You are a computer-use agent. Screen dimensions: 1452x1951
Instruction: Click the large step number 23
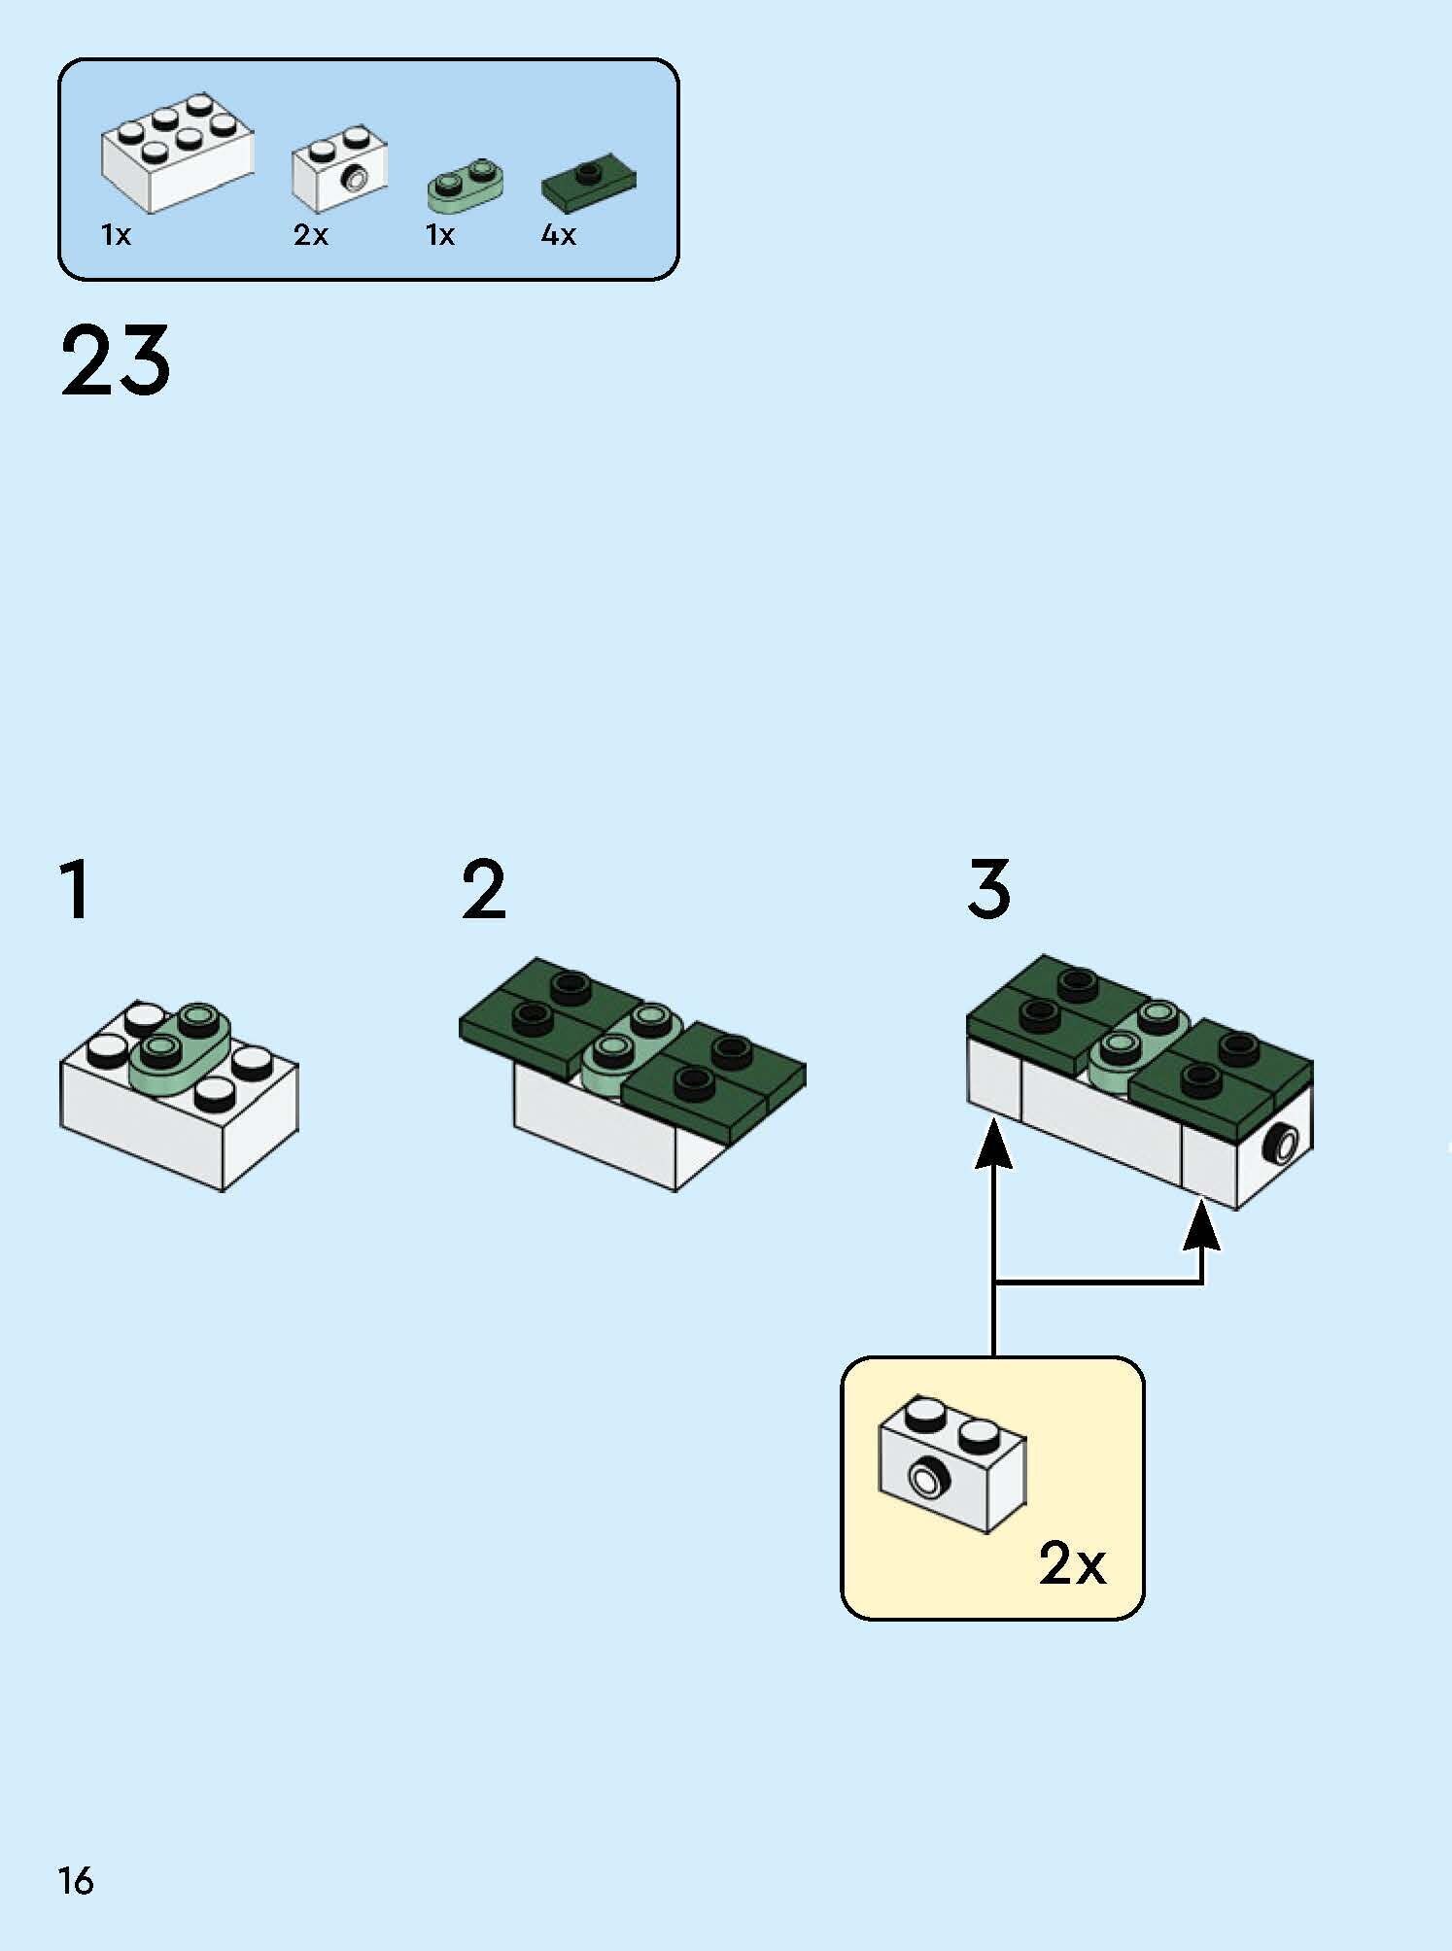pyautogui.click(x=116, y=360)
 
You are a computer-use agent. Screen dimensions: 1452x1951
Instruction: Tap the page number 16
pyautogui.click(x=76, y=1881)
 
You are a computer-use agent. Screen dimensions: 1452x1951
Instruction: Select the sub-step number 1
pyautogui.click(x=76, y=889)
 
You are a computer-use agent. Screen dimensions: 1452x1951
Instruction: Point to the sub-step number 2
pyautogui.click(x=484, y=889)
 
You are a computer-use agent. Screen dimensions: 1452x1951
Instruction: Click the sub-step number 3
pyautogui.click(x=989, y=889)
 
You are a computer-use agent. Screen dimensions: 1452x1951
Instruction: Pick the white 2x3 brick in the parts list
pyautogui.click(x=177, y=153)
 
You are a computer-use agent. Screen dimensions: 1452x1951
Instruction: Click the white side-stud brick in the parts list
pyautogui.click(x=339, y=167)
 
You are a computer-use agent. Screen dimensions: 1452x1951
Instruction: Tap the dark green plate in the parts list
pyautogui.click(x=589, y=186)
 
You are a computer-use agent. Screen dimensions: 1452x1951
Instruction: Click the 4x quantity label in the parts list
pyautogui.click(x=559, y=235)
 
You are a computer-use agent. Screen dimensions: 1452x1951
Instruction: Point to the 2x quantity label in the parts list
pyautogui.click(x=311, y=235)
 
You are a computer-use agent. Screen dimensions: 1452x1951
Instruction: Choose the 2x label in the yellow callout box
pyautogui.click(x=1072, y=1565)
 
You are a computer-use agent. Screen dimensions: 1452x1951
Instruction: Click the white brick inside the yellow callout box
pyautogui.click(x=952, y=1465)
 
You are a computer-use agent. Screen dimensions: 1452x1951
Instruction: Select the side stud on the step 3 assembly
pyautogui.click(x=1282, y=1146)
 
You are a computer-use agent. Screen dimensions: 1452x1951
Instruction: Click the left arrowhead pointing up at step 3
pyautogui.click(x=993, y=1143)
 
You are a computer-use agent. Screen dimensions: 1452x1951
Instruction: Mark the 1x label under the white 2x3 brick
pyautogui.click(x=116, y=235)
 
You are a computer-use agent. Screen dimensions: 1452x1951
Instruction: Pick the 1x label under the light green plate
pyautogui.click(x=440, y=235)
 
